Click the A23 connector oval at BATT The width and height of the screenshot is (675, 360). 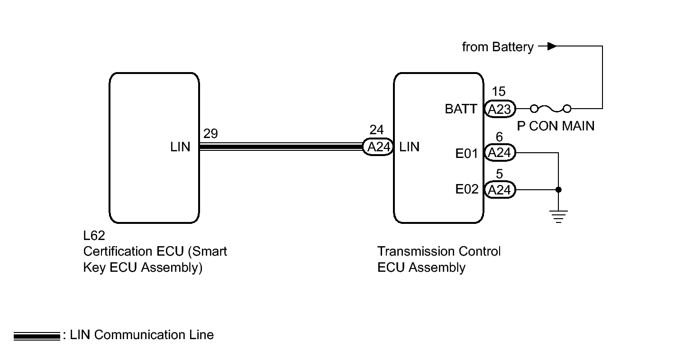pos(500,110)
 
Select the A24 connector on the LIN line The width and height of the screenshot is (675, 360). pos(378,147)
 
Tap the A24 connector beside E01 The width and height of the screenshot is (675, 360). pos(500,153)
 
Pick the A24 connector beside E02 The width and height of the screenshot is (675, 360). pos(500,190)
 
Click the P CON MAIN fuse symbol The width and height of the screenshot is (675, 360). pos(550,109)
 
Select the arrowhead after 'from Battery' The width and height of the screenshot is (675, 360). pos(551,46)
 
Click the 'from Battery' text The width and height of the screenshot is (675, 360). pos(497,47)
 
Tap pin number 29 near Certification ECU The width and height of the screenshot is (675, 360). pos(210,134)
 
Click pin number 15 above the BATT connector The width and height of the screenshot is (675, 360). pos(499,92)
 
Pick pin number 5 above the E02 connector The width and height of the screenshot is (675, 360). pos(499,175)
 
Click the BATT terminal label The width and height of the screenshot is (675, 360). pos(461,110)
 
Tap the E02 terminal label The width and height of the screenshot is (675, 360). pos(466,190)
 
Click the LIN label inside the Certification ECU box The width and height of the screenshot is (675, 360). pos(180,148)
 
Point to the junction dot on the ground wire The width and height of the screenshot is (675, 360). pos(558,190)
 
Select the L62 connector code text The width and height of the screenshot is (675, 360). pos(94,236)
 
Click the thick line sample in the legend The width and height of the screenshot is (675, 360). pos(36,336)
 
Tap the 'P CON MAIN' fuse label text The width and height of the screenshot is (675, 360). pos(555,126)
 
